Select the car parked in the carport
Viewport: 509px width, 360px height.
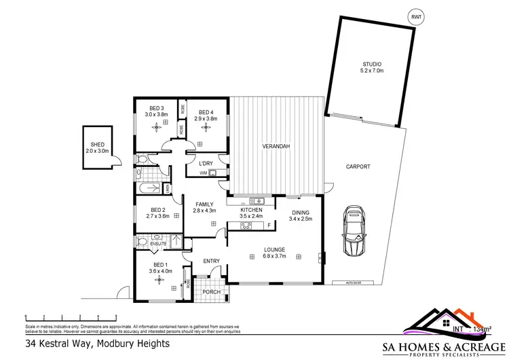tap(354, 231)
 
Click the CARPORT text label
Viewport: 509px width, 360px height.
tap(357, 166)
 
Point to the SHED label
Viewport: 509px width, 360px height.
tap(98, 144)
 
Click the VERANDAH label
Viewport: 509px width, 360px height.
tap(276, 147)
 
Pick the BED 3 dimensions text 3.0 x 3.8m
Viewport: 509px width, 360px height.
tap(156, 115)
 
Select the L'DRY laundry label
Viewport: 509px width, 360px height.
tap(206, 163)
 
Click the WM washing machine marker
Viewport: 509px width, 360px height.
tap(202, 173)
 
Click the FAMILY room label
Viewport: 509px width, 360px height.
tap(204, 204)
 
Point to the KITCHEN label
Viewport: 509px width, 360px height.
tap(251, 211)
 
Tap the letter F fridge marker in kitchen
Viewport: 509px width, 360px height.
tap(269, 225)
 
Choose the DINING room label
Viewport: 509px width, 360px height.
tap(300, 213)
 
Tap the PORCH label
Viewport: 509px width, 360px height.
tap(212, 293)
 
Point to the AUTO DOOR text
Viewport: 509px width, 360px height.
tap(342, 282)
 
